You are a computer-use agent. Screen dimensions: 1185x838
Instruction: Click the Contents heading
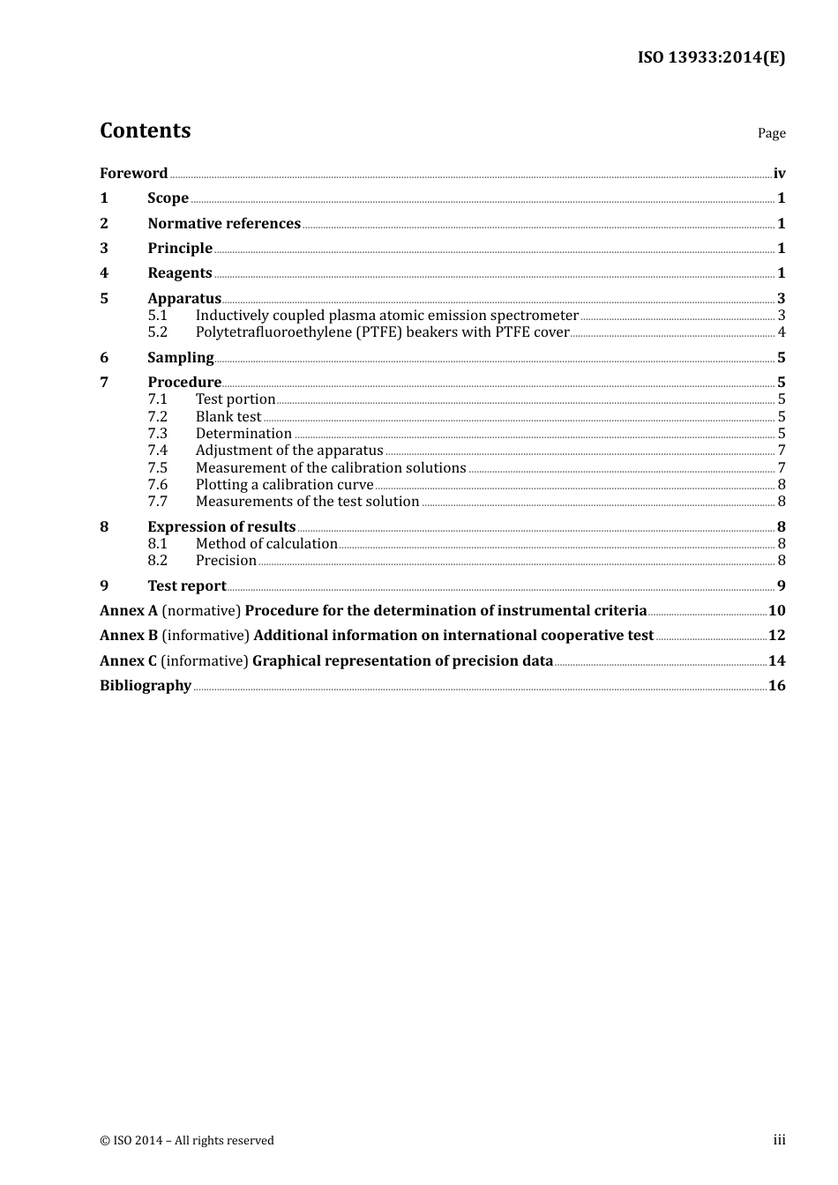point(145,130)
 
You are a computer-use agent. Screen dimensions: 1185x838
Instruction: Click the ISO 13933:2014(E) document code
point(711,57)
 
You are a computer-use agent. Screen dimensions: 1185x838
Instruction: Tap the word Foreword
point(133,173)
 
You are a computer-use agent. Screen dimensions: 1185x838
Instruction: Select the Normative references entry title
point(224,223)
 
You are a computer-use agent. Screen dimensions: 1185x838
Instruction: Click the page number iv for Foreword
point(779,173)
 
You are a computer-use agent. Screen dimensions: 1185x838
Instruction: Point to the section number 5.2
point(157,332)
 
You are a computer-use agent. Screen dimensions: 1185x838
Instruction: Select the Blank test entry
point(228,416)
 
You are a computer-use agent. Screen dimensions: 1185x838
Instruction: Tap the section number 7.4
point(157,451)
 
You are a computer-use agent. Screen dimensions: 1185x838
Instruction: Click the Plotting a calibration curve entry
point(284,484)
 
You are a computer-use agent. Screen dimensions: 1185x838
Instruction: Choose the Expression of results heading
point(221,526)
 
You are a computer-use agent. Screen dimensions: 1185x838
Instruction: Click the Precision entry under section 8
point(226,561)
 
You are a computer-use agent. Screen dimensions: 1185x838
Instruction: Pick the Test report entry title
point(187,585)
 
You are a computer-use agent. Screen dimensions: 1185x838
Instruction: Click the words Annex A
point(129,610)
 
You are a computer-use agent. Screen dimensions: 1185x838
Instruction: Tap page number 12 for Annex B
point(776,635)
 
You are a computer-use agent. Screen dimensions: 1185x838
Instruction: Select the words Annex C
point(129,660)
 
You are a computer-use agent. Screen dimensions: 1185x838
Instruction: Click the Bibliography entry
point(146,685)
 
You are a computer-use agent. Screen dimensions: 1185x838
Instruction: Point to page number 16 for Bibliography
point(776,685)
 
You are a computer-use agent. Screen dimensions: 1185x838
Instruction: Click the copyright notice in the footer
point(187,1140)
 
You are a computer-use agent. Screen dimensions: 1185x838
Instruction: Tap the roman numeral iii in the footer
point(779,1139)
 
